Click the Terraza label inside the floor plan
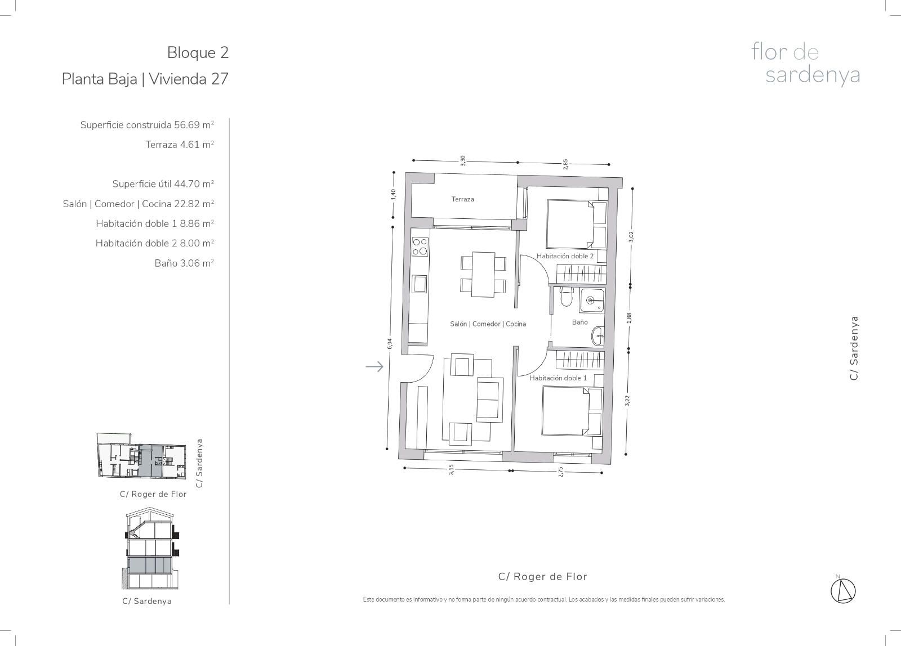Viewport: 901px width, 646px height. click(x=462, y=199)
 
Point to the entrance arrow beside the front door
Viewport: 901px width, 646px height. click(x=374, y=366)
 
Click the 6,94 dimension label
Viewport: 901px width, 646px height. click(x=389, y=344)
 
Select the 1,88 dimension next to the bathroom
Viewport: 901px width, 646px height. click(x=629, y=318)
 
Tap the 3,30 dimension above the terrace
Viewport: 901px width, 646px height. click(x=462, y=161)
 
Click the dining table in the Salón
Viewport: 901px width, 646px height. click(x=483, y=275)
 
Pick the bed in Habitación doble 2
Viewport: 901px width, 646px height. click(x=576, y=225)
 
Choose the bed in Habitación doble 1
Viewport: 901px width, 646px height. click(x=572, y=411)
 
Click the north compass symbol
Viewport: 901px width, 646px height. click(x=843, y=591)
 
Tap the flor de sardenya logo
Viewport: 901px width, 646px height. click(x=806, y=64)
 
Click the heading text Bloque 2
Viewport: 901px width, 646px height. click(x=198, y=53)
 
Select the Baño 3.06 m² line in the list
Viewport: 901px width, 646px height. click(x=184, y=263)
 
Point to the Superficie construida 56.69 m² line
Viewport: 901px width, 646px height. click(x=147, y=125)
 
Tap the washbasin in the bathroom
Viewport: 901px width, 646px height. click(x=597, y=335)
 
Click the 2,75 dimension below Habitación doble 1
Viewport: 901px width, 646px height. click(x=561, y=472)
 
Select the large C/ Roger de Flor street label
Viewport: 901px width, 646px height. click(x=543, y=576)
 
